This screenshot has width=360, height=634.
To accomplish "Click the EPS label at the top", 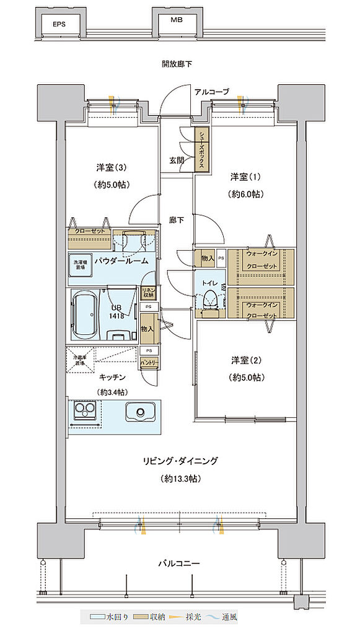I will coord(58,25).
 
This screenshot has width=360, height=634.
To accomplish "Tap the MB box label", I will coord(178,20).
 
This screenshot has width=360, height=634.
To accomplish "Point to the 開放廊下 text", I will coord(178,64).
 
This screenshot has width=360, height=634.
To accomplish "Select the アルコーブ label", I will coord(211,92).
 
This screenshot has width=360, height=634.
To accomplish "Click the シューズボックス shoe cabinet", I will coord(203,149).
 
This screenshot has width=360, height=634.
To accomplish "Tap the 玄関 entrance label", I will coord(176,160).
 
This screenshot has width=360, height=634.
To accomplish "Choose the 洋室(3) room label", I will coord(112,167).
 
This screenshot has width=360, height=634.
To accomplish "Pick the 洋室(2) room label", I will coord(245,360).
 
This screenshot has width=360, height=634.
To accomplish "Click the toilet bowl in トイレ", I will coord(209,298).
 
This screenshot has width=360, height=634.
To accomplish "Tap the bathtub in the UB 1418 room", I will coord(85,316).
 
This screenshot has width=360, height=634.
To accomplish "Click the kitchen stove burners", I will coord(84,412).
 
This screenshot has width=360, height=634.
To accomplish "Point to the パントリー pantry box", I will coord(149,362).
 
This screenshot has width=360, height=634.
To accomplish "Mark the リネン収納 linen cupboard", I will coord(148,293).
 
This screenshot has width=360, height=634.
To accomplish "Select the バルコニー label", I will coord(178,563).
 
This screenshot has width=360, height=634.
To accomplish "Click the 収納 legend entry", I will coord(151,618).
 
